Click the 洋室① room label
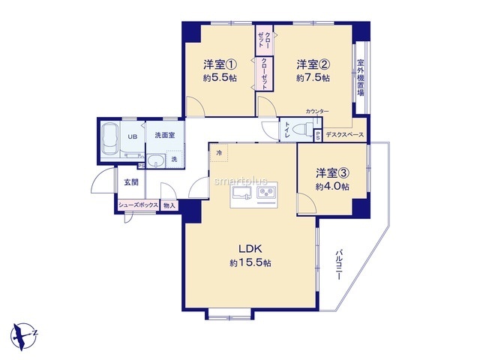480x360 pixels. pyautogui.click(x=220, y=64)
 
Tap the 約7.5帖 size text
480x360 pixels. pyautogui.click(x=313, y=78)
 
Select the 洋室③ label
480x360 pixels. pyautogui.click(x=333, y=173)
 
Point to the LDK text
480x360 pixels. pyautogui.click(x=250, y=248)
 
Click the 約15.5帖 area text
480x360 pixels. pyautogui.click(x=250, y=262)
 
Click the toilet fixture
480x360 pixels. pyautogui.click(x=302, y=129)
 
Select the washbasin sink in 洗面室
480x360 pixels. pyautogui.click(x=156, y=160)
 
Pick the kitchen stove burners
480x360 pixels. pyautogui.click(x=266, y=193)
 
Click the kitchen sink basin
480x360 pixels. pyautogui.click(x=241, y=193)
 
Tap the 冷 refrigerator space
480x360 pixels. pyautogui.click(x=219, y=152)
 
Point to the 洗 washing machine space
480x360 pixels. pyautogui.click(x=175, y=159)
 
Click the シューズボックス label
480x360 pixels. pyautogui.click(x=138, y=205)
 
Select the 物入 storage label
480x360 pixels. pyautogui.click(x=169, y=205)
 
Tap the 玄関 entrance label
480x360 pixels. pyautogui.click(x=131, y=182)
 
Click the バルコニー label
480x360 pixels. pyautogui.click(x=338, y=265)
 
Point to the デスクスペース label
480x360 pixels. pyautogui.click(x=345, y=135)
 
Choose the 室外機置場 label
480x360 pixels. pyautogui.click(x=361, y=78)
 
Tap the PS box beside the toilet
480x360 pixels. pyautogui.click(x=318, y=136)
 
